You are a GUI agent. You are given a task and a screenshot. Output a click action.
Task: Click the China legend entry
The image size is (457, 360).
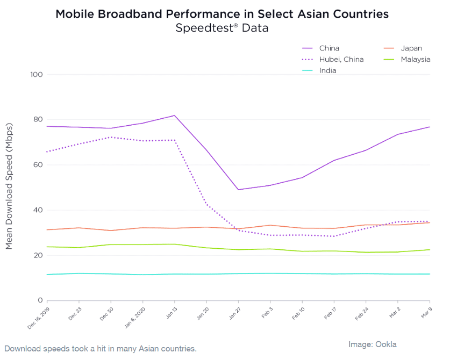[x=329, y=48]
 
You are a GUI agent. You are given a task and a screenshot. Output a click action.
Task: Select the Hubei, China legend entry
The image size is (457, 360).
[x=341, y=59]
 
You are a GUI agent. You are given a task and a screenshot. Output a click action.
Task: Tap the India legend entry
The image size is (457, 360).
[x=327, y=70]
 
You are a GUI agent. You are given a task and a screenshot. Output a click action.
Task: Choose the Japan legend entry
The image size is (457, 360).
[x=411, y=48]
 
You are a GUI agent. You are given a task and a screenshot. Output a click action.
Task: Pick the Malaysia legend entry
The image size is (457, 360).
[x=415, y=59]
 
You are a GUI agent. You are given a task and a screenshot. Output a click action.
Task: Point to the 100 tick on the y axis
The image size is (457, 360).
[x=37, y=74]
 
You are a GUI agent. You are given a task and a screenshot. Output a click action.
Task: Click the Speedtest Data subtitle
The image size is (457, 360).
[x=222, y=28]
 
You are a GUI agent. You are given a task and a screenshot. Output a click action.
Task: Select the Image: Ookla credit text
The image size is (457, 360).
[x=373, y=344]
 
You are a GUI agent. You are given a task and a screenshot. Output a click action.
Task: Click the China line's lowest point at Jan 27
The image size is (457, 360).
[x=238, y=190]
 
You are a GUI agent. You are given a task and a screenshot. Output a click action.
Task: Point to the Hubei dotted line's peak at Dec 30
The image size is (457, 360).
[x=111, y=137]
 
